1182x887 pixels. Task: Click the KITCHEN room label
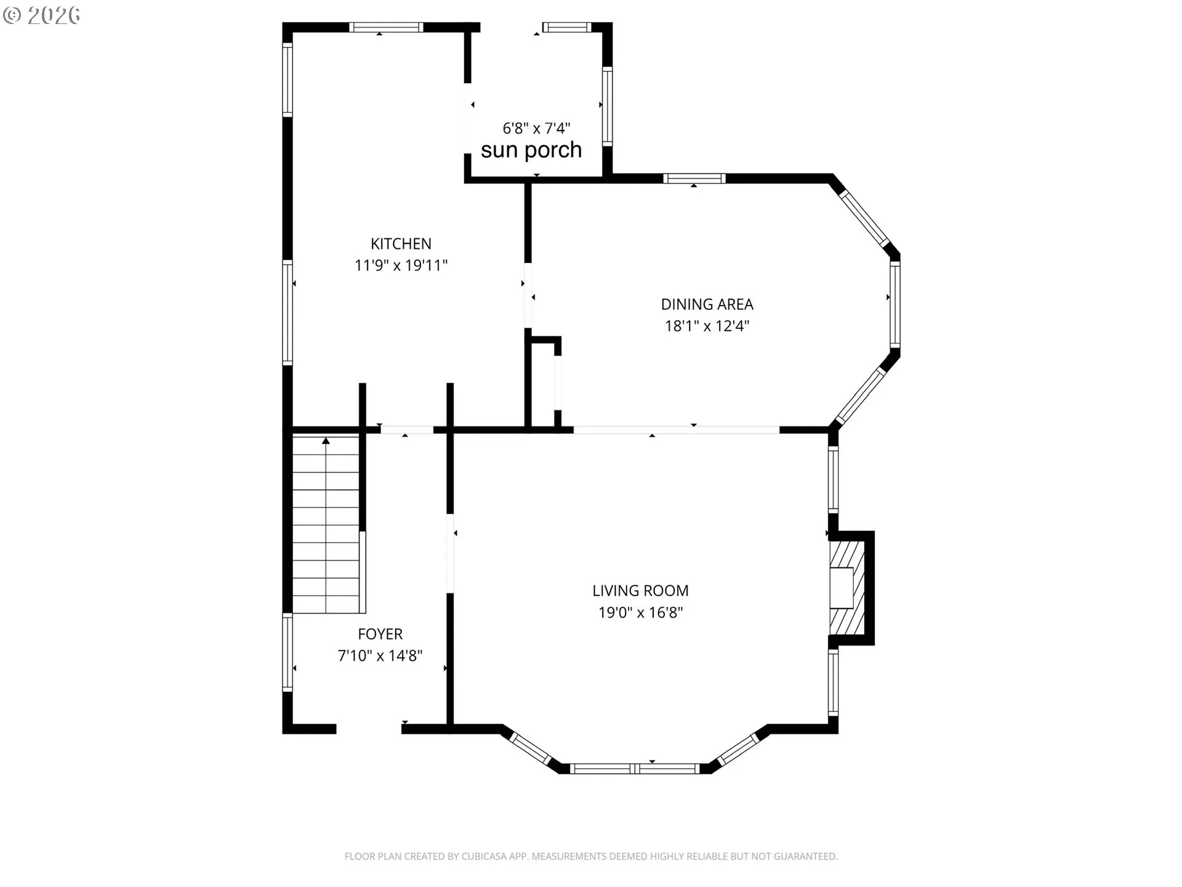click(x=401, y=244)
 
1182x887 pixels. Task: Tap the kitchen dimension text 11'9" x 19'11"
click(x=401, y=265)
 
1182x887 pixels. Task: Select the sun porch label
click(x=531, y=150)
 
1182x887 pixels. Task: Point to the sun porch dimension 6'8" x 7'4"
click(x=536, y=128)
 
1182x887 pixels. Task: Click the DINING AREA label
click(x=707, y=304)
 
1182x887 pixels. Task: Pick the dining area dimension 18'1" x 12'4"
click(x=707, y=326)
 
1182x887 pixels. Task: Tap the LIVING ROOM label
click(x=640, y=591)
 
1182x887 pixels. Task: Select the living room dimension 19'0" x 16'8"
click(x=641, y=612)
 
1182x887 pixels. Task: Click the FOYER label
click(x=380, y=634)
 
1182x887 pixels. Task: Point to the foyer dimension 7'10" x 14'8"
click(x=380, y=655)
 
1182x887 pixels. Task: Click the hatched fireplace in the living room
click(x=847, y=588)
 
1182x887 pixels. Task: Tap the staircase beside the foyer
click(x=326, y=524)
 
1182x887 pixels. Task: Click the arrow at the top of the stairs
click(x=326, y=440)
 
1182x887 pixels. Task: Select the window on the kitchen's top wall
click(x=386, y=27)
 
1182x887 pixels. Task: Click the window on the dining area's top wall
click(x=694, y=179)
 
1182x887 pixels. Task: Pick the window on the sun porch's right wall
click(x=607, y=106)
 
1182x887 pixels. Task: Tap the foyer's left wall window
click(x=287, y=652)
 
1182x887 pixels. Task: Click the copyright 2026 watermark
click(x=42, y=15)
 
